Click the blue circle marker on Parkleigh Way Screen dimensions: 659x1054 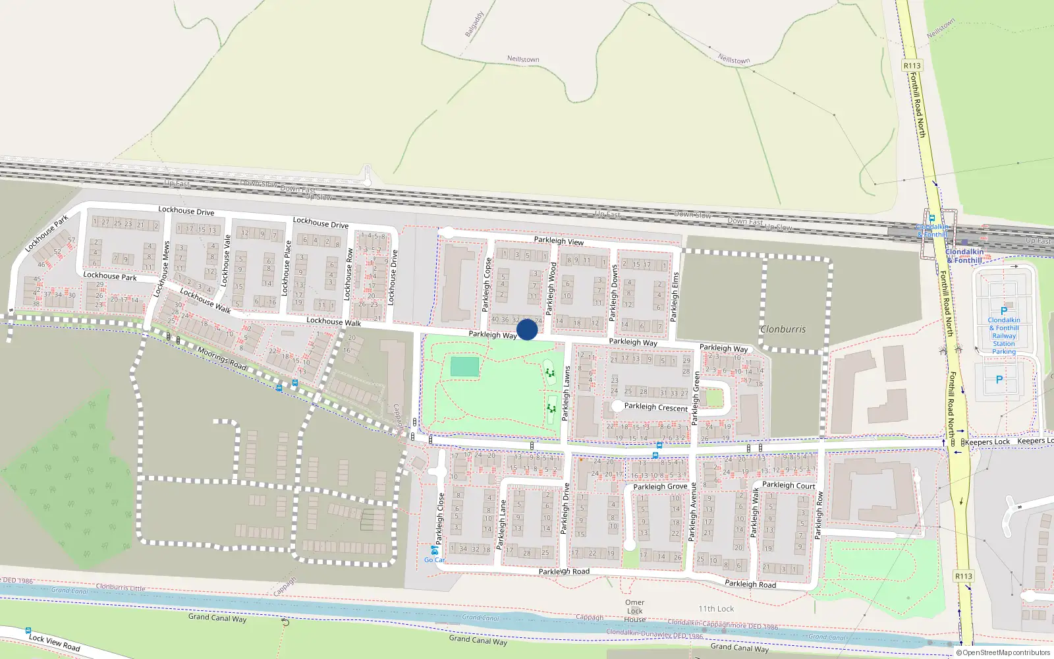click(527, 329)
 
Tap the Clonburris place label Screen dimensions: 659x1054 click(783, 329)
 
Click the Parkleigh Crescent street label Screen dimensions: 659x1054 click(655, 407)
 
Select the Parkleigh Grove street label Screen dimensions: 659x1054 click(660, 487)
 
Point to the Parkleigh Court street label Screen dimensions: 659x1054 click(789, 485)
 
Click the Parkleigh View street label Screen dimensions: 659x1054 click(559, 241)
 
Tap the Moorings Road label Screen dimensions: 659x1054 click(222, 358)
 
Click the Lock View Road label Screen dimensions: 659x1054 click(54, 643)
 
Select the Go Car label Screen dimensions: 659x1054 click(434, 560)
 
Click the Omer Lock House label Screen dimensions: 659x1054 click(635, 611)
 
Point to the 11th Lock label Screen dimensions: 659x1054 click(716, 609)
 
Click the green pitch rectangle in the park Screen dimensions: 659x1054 click(465, 367)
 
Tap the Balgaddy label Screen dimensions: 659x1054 click(474, 24)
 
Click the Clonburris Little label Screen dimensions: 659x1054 click(121, 587)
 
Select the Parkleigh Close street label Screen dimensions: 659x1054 click(440, 519)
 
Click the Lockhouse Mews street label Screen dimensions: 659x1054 click(162, 269)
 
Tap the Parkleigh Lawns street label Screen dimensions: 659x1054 click(566, 393)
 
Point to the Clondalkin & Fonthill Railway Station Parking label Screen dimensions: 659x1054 click(1003, 335)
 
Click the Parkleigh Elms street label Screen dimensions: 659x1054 click(674, 297)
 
